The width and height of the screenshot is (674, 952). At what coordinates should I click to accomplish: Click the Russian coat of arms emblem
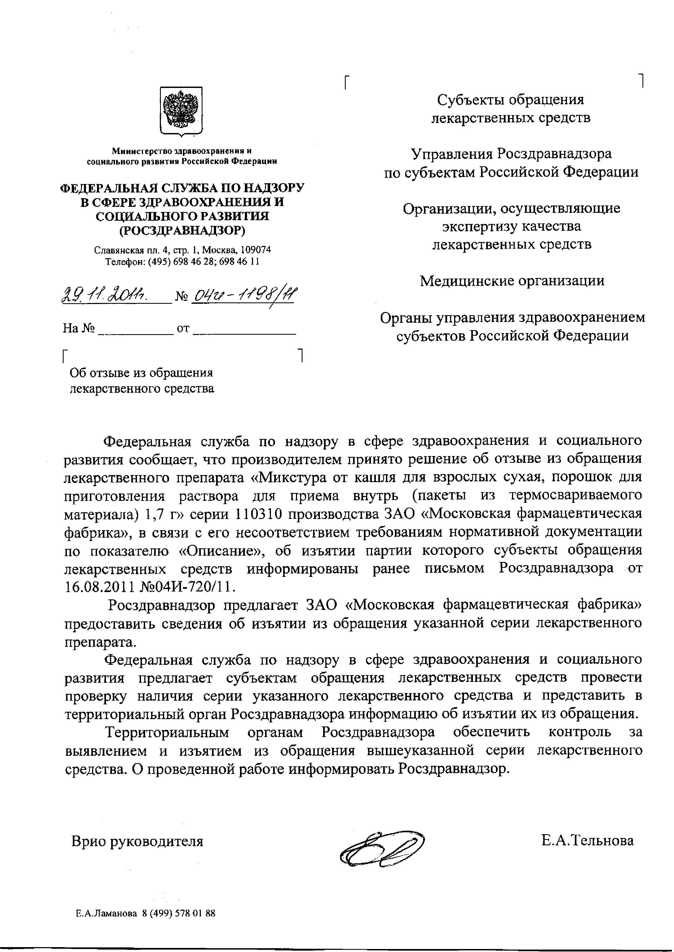point(181,111)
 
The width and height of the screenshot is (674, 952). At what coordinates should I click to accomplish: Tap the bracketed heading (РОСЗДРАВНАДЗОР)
point(182,230)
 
